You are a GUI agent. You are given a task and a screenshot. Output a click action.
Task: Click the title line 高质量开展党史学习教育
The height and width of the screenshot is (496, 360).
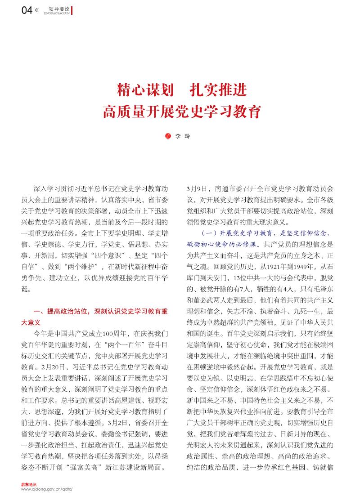coord(182,111)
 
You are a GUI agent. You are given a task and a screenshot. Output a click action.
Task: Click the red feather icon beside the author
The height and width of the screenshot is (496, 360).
coord(170,135)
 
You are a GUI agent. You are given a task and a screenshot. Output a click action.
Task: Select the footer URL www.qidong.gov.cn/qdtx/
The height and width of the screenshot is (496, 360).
coord(47,489)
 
